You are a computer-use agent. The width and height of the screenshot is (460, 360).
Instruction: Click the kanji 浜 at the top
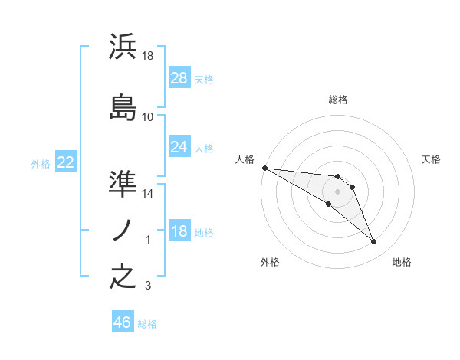(123, 47)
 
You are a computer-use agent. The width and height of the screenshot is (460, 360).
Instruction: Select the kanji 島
(123, 108)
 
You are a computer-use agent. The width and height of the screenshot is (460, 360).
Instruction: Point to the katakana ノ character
(123, 230)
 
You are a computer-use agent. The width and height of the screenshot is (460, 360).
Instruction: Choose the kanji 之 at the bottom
(123, 277)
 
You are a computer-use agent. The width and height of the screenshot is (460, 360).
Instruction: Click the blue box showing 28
(179, 78)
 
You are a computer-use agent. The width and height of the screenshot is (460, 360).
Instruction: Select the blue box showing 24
(179, 147)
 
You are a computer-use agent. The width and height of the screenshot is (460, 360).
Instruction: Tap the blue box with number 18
(179, 231)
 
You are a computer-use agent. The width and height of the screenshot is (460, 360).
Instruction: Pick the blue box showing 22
(65, 162)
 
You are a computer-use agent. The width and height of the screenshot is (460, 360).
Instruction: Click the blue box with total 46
(123, 322)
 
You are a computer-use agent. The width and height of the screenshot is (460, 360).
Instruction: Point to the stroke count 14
(148, 194)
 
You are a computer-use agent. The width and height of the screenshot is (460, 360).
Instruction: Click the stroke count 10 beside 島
(148, 117)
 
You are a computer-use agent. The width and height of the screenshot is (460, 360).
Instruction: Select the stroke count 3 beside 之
(148, 286)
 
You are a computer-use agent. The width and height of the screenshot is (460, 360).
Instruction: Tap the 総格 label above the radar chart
(337, 100)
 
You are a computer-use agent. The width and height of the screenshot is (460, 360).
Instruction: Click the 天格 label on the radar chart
(431, 159)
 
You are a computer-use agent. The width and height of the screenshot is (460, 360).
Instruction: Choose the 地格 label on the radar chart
(402, 262)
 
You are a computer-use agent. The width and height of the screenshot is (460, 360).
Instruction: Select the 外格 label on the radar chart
(270, 262)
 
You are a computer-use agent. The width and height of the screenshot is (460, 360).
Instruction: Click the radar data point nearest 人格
(264, 167)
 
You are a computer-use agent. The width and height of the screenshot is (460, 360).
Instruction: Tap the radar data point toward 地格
(373, 242)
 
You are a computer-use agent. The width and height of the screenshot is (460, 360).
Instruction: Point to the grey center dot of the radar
(337, 191)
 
